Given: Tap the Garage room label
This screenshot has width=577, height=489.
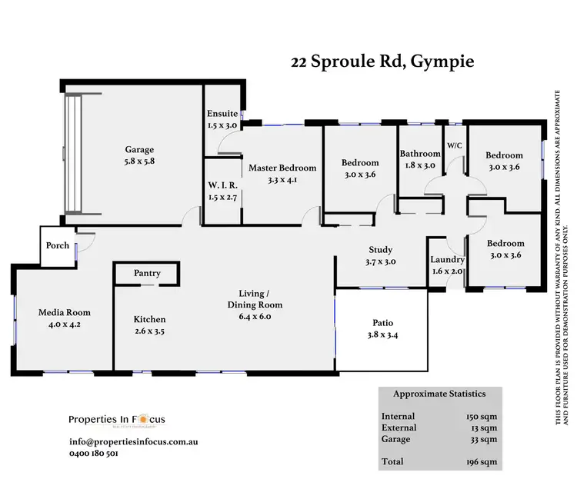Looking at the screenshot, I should point(140,150).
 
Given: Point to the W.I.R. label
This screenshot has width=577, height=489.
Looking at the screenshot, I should point(222,184).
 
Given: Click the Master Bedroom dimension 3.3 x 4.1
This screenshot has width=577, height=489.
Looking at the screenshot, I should point(282,180).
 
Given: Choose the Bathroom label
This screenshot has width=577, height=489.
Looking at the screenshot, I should point(419,153).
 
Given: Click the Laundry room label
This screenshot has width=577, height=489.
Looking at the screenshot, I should point(447,259).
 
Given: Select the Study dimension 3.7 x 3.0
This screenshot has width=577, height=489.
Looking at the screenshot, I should point(380,261).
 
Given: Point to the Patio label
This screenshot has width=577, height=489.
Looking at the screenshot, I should point(382,323).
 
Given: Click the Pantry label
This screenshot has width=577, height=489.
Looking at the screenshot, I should point(146,273).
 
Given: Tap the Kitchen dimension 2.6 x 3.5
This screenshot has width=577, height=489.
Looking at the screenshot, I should point(149,331).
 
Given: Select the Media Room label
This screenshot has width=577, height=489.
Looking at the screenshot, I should point(65,312).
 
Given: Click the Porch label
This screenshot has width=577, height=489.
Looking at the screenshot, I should point(58,246).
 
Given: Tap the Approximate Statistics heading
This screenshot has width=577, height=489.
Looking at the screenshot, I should point(439,394).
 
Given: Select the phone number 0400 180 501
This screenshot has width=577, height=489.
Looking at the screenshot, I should point(93,454).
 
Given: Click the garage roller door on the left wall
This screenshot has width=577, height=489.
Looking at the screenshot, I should point(73,153).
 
